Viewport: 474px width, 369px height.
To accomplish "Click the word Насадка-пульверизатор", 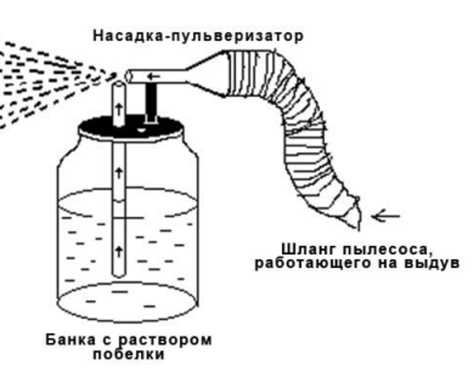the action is [x=198, y=36].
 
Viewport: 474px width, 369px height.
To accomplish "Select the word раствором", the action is [x=164, y=341].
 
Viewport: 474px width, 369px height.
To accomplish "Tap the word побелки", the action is [x=129, y=354].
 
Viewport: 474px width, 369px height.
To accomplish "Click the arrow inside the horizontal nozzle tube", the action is [x=153, y=76].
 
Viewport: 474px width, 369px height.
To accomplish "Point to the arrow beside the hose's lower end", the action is [x=386, y=216].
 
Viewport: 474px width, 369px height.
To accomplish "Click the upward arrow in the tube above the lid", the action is [x=119, y=109].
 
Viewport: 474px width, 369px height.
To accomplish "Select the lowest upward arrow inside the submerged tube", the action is [x=119, y=251].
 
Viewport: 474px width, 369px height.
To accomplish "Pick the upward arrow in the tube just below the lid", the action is [x=119, y=173].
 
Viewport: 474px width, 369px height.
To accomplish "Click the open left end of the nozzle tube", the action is [x=129, y=77].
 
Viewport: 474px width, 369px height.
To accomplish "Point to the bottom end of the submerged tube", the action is [x=119, y=274].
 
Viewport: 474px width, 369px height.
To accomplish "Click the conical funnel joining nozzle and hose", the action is [x=207, y=74].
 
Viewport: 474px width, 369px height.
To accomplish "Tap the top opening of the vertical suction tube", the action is [x=119, y=84].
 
